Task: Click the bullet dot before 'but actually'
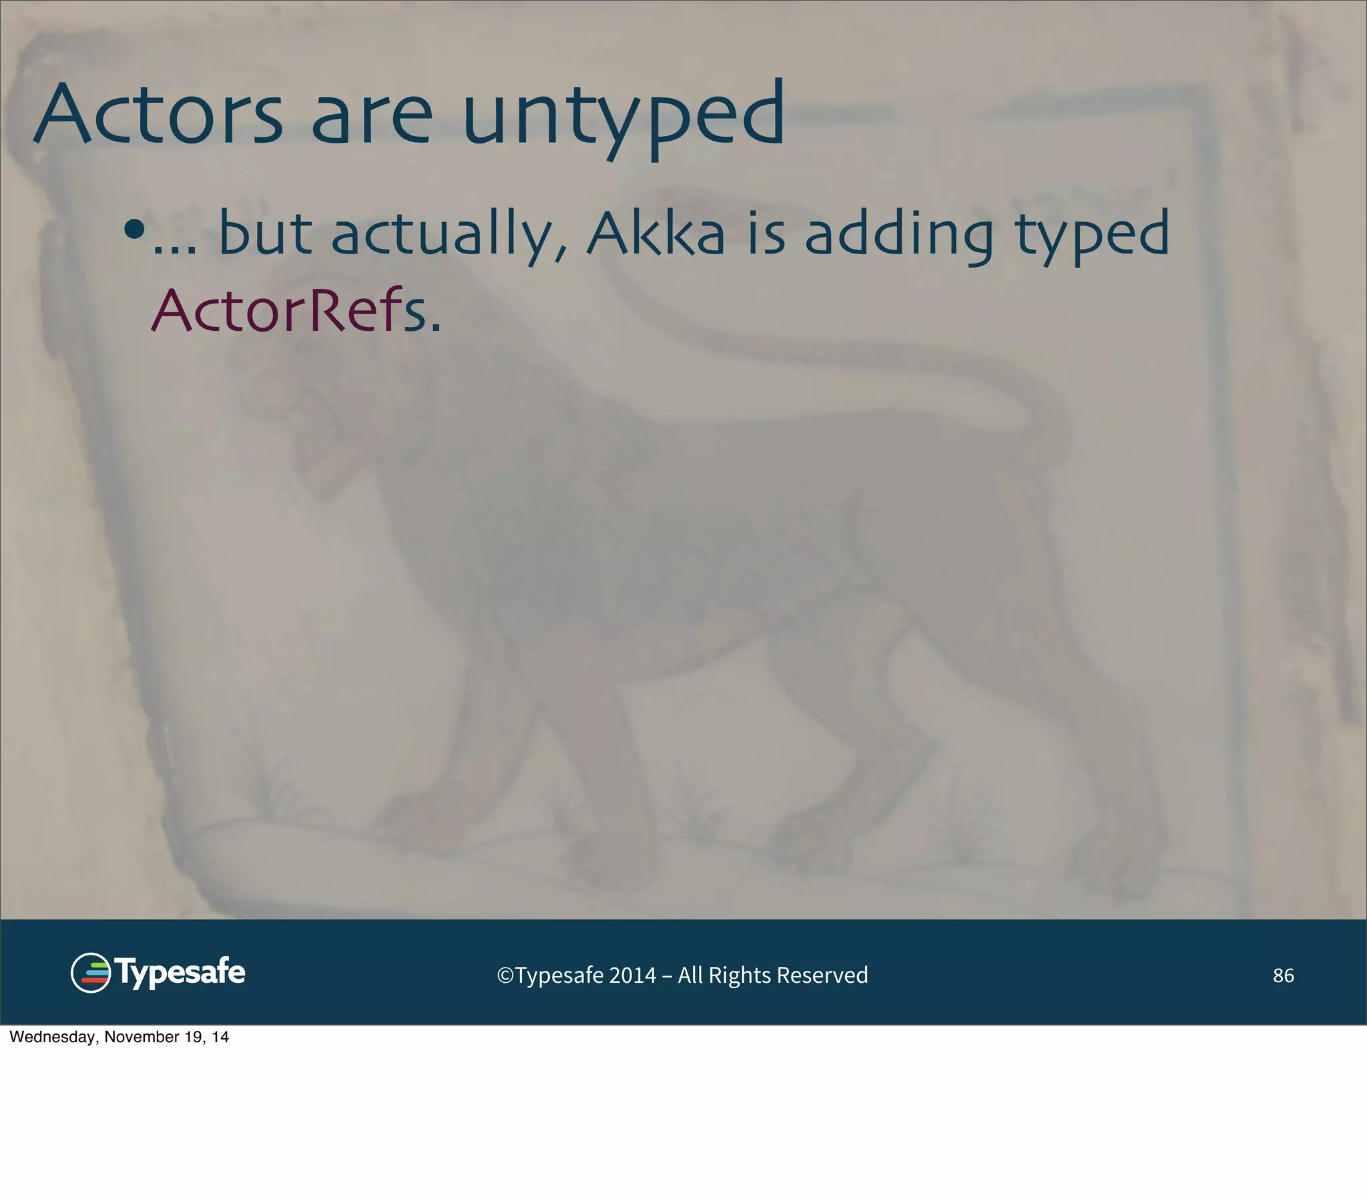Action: pos(134,230)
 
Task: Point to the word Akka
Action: pos(655,234)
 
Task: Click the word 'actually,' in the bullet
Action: pos(449,236)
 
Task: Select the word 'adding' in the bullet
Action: pos(899,236)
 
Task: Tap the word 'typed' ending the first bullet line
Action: pos(1092,236)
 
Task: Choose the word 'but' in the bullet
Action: pos(266,234)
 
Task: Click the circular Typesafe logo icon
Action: pos(90,973)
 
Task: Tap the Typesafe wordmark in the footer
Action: pos(181,973)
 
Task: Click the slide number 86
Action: pos(1283,975)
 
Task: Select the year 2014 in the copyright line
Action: pos(632,975)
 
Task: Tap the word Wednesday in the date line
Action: pos(53,1037)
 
